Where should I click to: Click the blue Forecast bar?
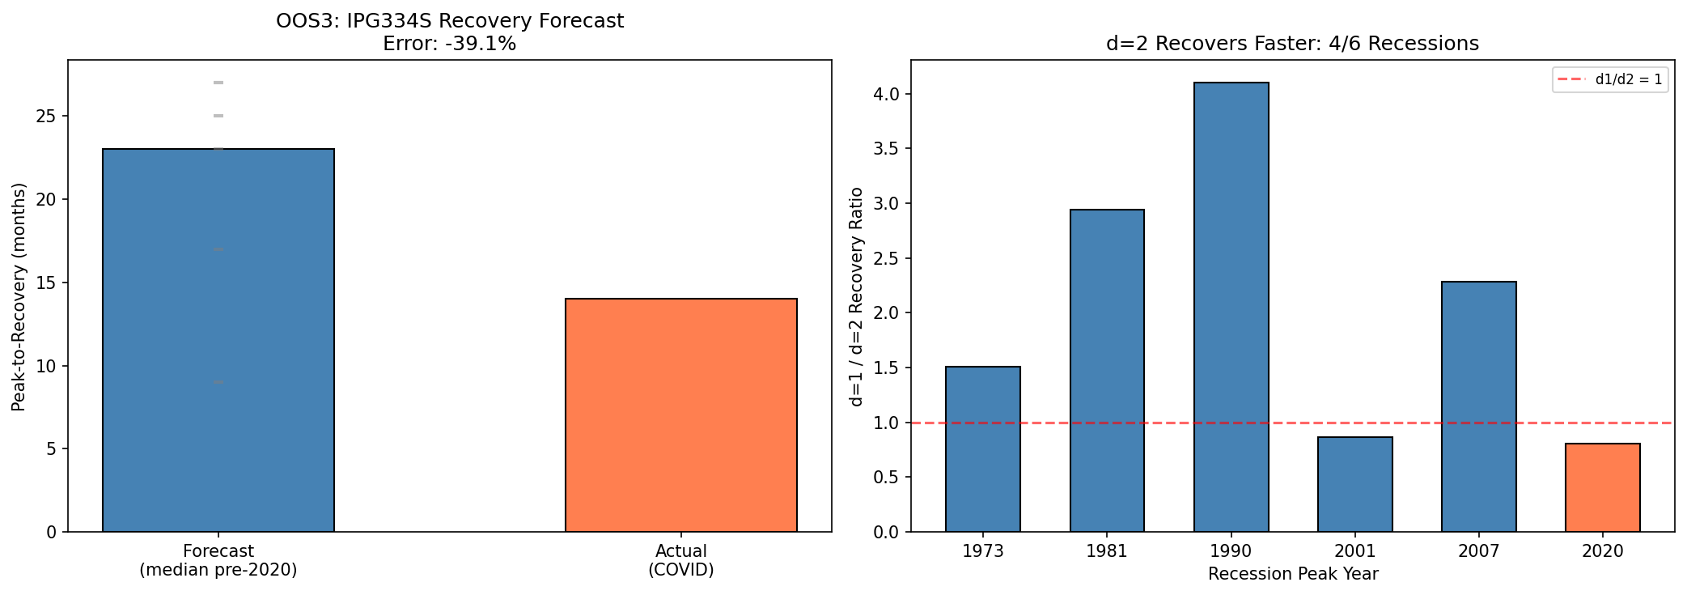click(x=218, y=340)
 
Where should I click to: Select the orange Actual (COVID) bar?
click(x=680, y=414)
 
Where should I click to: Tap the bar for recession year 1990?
click(x=1231, y=308)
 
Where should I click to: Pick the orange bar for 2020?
click(x=1602, y=487)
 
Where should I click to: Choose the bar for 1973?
click(x=982, y=449)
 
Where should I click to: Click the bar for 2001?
click(x=1354, y=484)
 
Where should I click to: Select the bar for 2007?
click(x=1478, y=406)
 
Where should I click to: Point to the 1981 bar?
click(x=1107, y=371)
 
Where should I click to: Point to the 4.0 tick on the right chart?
click(x=888, y=94)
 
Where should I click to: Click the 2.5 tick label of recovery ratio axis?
click(x=888, y=258)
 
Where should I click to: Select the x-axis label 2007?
click(x=1478, y=551)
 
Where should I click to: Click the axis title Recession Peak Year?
click(x=1292, y=574)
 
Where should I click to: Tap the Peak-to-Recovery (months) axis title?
click(x=19, y=296)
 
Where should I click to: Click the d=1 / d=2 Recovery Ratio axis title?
click(x=856, y=296)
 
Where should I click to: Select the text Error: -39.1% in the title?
click(x=449, y=44)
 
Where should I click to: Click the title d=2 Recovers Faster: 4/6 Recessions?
click(x=1292, y=44)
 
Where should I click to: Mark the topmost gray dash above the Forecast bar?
click(x=218, y=83)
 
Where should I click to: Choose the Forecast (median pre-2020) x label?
click(x=218, y=560)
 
